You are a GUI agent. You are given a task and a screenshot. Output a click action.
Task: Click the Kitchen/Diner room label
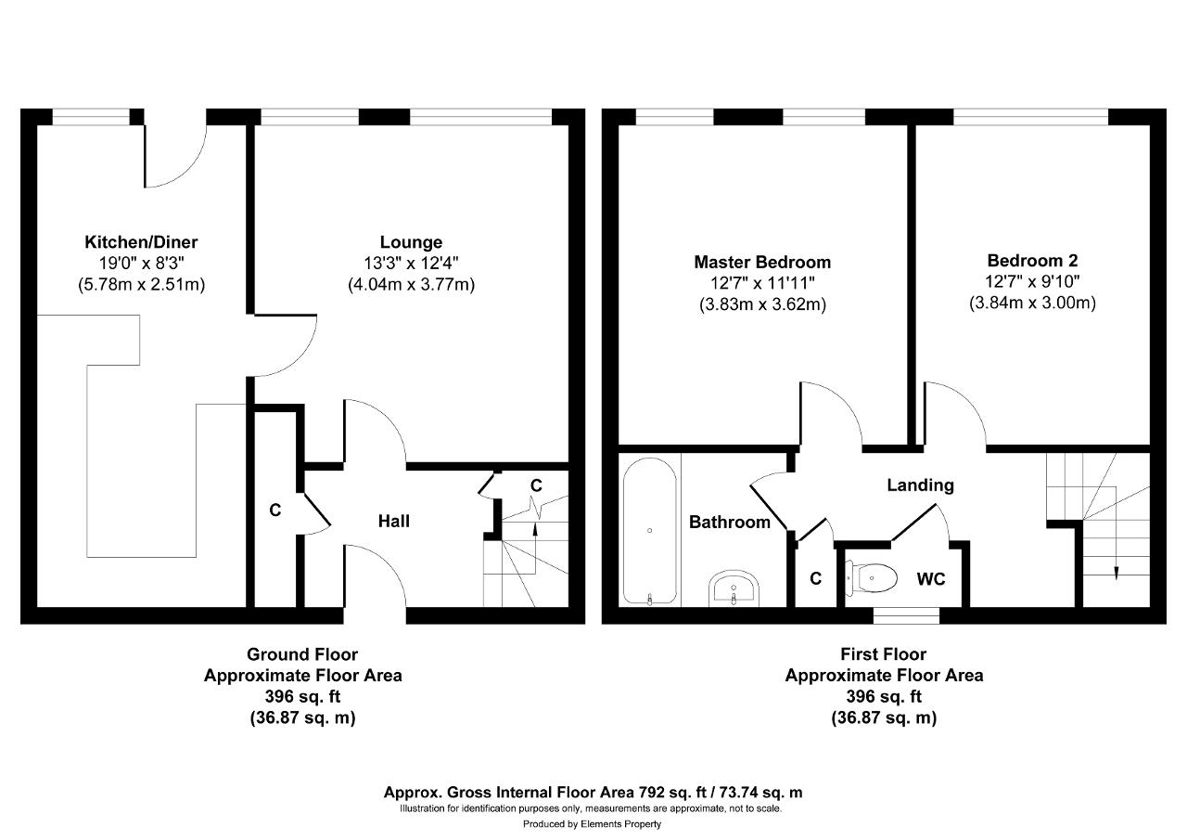141,242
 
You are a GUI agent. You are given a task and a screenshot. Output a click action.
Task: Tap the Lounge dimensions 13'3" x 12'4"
411,263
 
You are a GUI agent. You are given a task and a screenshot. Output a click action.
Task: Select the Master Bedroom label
762,262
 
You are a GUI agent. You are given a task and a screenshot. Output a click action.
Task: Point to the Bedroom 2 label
1032,261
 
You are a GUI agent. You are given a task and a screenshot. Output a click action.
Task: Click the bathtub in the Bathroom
650,531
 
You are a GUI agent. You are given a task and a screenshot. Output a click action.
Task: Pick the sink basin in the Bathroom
734,588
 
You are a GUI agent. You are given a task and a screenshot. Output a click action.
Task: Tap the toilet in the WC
871,578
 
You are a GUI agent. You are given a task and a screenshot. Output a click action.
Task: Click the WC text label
931,579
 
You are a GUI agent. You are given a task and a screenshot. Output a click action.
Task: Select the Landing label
921,485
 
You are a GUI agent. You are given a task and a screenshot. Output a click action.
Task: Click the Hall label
394,522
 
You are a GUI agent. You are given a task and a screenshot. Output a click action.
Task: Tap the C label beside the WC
815,578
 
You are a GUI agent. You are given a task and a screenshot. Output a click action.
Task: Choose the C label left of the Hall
275,510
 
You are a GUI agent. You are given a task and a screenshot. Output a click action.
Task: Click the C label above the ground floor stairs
536,485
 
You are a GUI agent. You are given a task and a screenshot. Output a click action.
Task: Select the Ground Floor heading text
302,654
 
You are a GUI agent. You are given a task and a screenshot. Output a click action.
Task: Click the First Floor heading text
884,654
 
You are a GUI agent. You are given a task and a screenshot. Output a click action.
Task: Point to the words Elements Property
620,824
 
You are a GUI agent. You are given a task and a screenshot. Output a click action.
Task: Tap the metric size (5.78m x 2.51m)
141,285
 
